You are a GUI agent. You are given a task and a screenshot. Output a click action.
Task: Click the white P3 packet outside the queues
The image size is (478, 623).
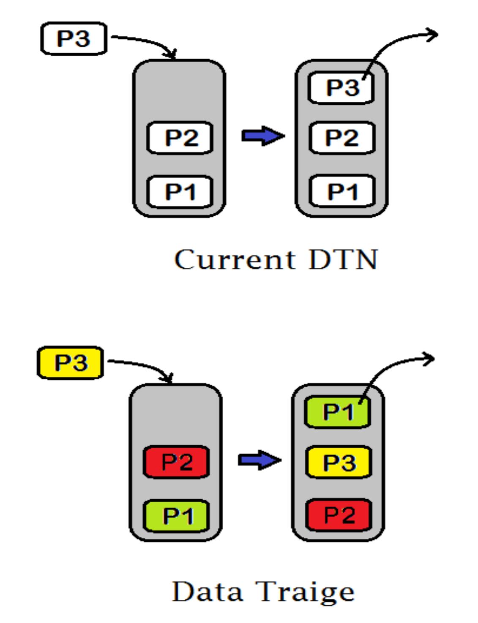74,39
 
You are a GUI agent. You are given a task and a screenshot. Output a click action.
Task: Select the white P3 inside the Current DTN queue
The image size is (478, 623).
341,88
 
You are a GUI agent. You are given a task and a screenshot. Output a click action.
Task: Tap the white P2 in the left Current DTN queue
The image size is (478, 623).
180,138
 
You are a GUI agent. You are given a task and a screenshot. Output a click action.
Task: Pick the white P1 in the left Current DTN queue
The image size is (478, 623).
180,192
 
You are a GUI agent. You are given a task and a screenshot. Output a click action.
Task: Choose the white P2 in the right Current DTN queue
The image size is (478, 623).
342,138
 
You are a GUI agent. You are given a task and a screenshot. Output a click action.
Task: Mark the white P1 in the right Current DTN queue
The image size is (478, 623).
342,192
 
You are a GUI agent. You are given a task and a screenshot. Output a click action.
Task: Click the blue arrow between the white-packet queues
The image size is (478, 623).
262,136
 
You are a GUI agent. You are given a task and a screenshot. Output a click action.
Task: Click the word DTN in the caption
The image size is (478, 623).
343,259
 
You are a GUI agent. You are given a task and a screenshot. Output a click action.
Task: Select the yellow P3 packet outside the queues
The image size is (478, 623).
71,363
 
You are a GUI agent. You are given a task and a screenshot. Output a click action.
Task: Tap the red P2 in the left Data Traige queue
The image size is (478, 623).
176,462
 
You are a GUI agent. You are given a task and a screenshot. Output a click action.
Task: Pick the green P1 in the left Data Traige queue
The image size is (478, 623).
176,516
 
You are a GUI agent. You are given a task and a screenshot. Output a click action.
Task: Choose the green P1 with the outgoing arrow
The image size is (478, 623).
338,412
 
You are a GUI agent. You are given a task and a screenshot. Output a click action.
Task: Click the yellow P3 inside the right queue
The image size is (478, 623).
339,462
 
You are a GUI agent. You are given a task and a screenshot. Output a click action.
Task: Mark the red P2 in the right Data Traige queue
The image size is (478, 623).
339,515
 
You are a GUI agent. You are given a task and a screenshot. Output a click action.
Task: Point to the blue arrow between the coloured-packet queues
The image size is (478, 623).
259,460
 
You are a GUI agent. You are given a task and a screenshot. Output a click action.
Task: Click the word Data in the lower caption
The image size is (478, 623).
208,591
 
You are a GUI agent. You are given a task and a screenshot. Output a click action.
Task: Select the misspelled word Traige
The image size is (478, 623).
305,592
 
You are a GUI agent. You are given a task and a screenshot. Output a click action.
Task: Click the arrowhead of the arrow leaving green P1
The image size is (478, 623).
429,359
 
